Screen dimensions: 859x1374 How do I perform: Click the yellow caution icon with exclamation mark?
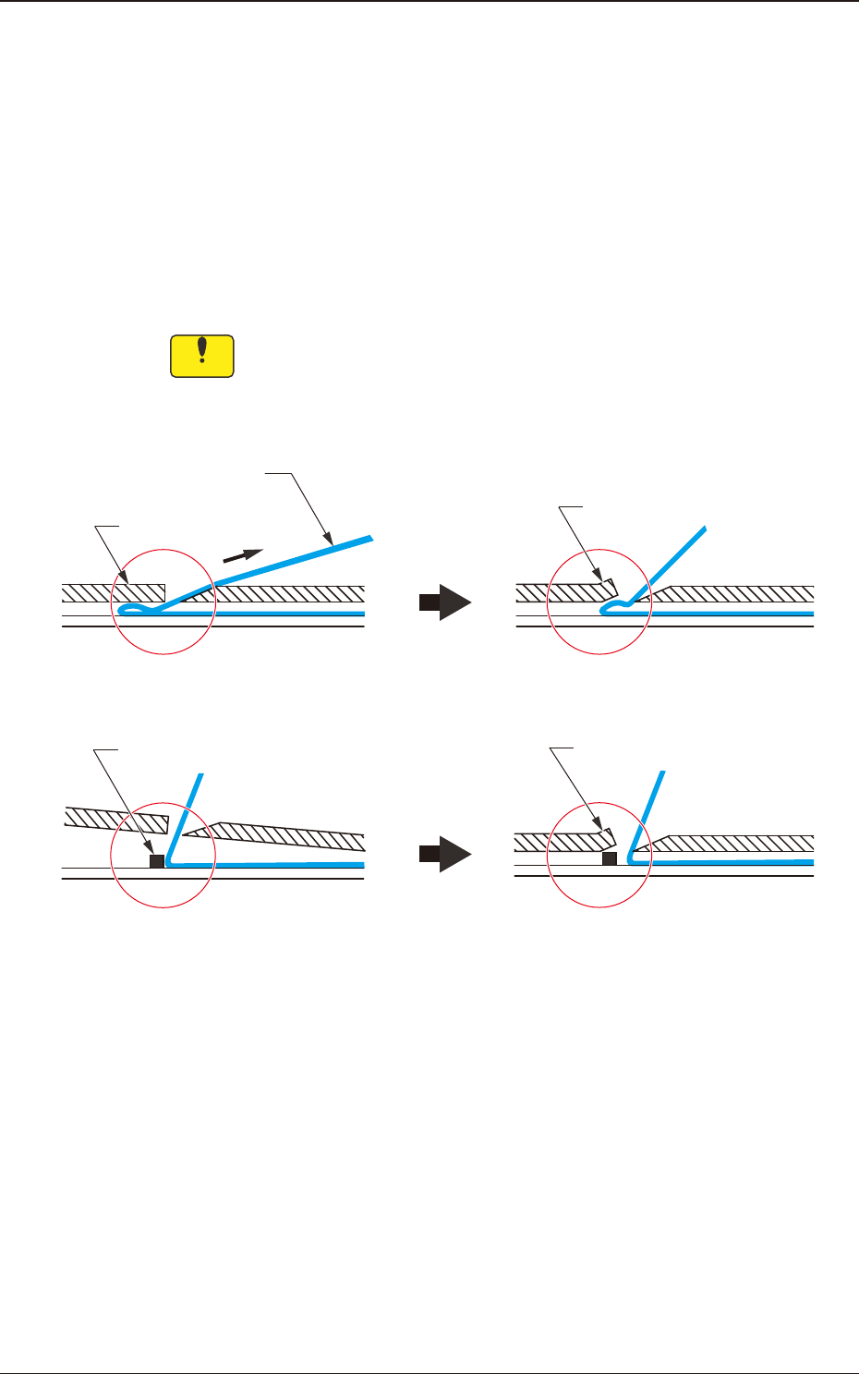(x=202, y=356)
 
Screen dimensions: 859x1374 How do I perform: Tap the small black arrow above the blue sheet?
(x=243, y=555)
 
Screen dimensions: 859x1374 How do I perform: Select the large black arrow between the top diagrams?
(x=445, y=602)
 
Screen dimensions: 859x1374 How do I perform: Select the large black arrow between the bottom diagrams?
(x=445, y=854)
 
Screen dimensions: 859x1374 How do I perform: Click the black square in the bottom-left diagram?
(x=157, y=861)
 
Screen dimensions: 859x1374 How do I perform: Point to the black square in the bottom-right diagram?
(x=610, y=858)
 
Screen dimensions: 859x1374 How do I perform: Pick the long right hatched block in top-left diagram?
(x=286, y=592)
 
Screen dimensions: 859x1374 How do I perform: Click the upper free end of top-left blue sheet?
(x=369, y=537)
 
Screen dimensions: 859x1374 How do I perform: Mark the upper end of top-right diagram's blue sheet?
(x=705, y=529)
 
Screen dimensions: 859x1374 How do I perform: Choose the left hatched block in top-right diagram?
(x=563, y=591)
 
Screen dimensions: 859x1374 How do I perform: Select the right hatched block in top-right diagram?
(x=739, y=592)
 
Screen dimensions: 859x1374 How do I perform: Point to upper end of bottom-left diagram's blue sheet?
(x=200, y=774)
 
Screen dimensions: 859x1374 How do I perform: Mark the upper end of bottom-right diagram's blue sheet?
(x=662, y=772)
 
